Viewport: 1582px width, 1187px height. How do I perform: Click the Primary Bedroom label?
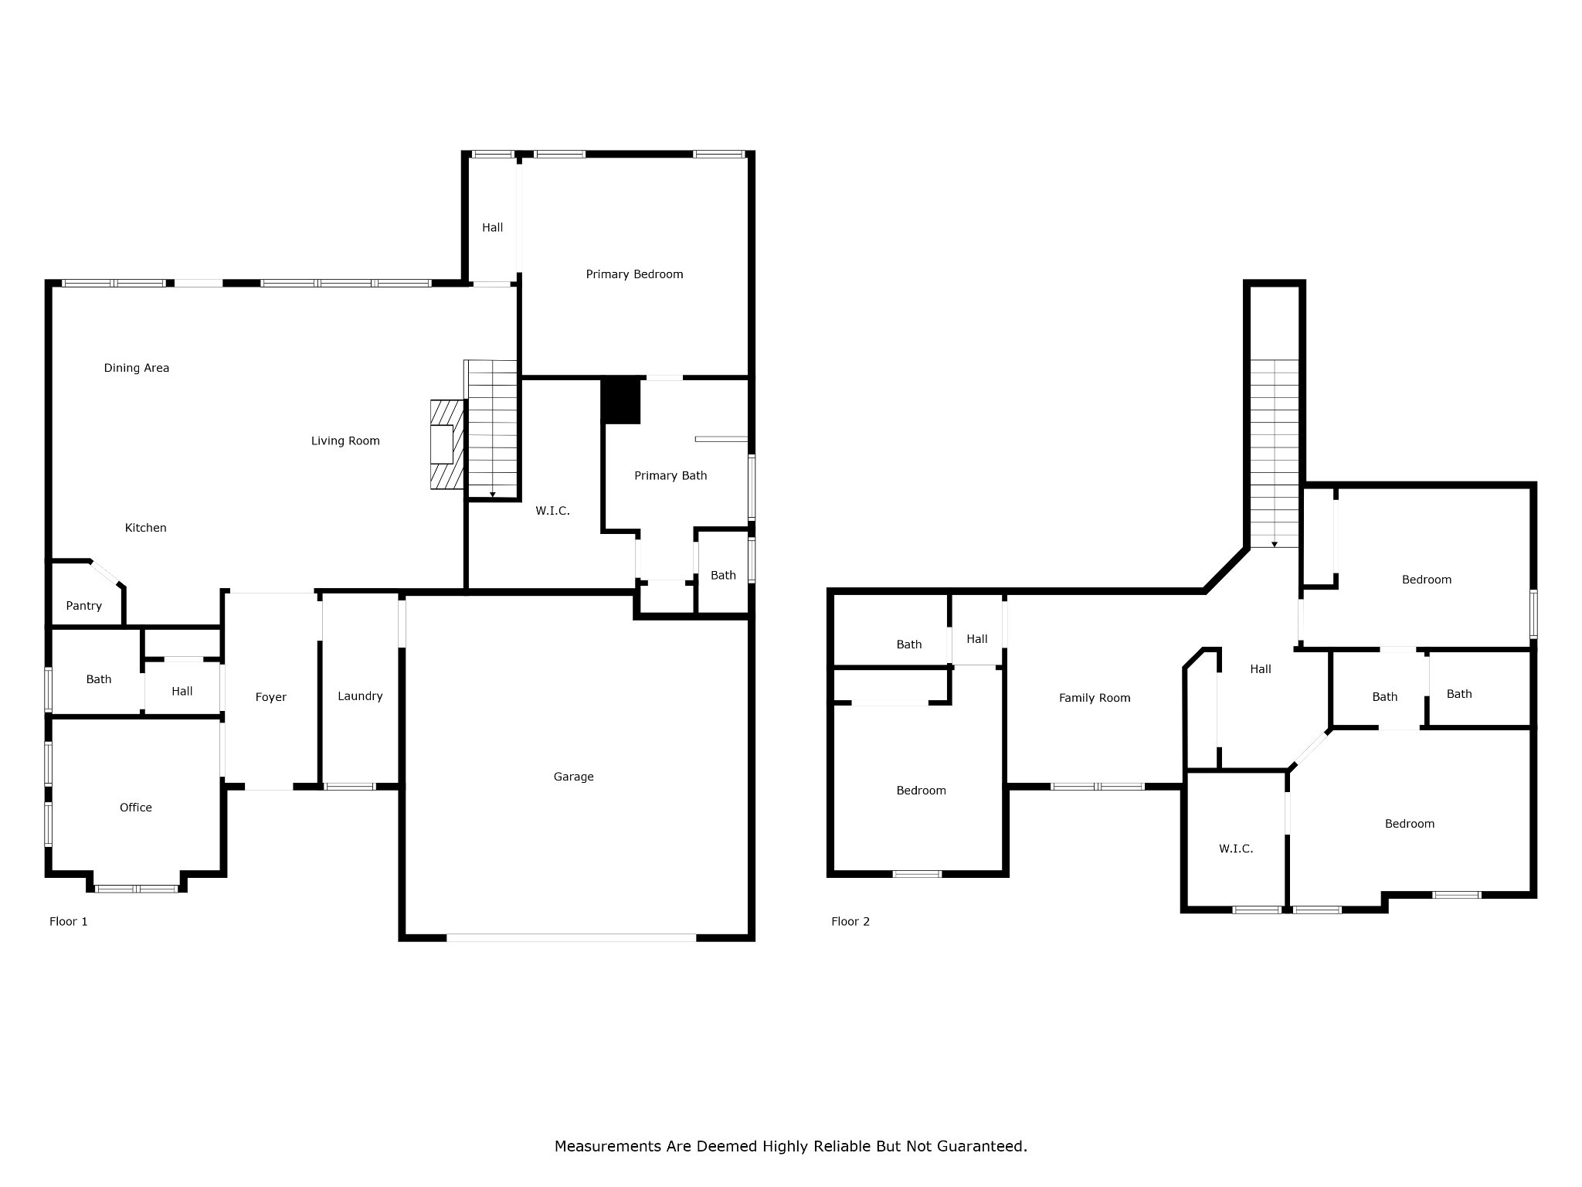(634, 274)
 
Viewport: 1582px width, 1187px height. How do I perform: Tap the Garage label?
(573, 777)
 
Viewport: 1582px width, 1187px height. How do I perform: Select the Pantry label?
(83, 606)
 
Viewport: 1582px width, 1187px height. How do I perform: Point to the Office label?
(136, 808)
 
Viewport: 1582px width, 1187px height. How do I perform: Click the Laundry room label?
(360, 696)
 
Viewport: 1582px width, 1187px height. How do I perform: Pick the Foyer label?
(271, 697)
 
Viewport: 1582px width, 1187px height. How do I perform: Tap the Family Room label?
(1095, 698)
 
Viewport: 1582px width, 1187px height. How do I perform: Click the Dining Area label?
(137, 368)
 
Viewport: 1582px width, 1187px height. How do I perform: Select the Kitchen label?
(146, 528)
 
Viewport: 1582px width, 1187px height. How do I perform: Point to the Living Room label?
(345, 441)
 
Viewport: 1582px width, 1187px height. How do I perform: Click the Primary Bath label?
(670, 476)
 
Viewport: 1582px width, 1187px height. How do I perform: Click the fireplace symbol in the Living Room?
(447, 444)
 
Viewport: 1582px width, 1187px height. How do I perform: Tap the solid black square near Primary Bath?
(621, 400)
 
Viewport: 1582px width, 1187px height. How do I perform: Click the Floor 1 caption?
(69, 921)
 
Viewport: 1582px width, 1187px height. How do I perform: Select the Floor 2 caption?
(850, 921)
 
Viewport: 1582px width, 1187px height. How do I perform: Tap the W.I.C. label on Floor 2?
(1236, 849)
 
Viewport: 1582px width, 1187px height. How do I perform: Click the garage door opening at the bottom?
(572, 937)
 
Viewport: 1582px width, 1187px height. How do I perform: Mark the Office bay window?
(137, 889)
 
